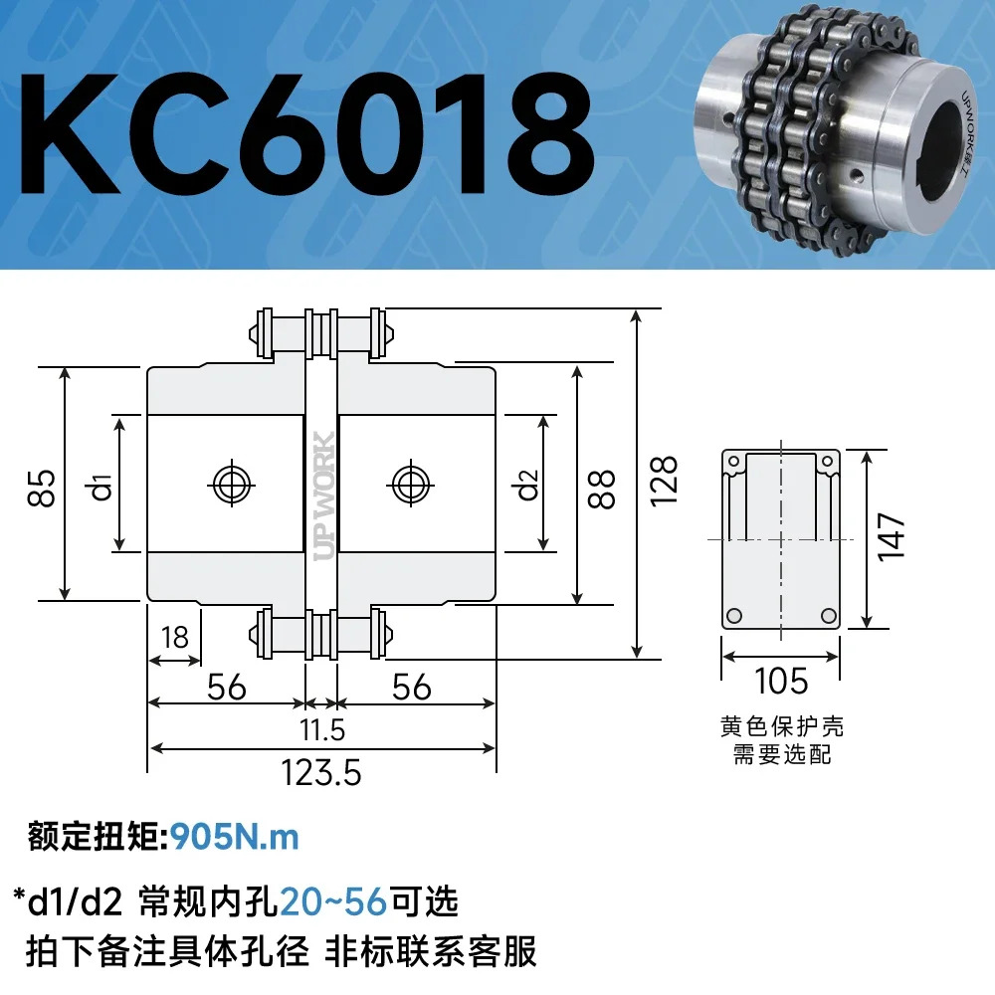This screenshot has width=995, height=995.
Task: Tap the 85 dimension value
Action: (x=42, y=488)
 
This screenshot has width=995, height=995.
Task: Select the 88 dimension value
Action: (x=602, y=489)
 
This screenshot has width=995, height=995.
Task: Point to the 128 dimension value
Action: (x=664, y=481)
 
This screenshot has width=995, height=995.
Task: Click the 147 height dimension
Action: (x=891, y=537)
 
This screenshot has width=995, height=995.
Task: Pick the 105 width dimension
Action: (x=780, y=681)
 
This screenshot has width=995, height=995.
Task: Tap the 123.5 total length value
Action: (x=321, y=773)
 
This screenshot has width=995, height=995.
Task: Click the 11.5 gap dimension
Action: (x=322, y=729)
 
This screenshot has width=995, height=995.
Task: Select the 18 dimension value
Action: (x=174, y=637)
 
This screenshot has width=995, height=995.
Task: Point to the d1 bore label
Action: (x=102, y=487)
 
